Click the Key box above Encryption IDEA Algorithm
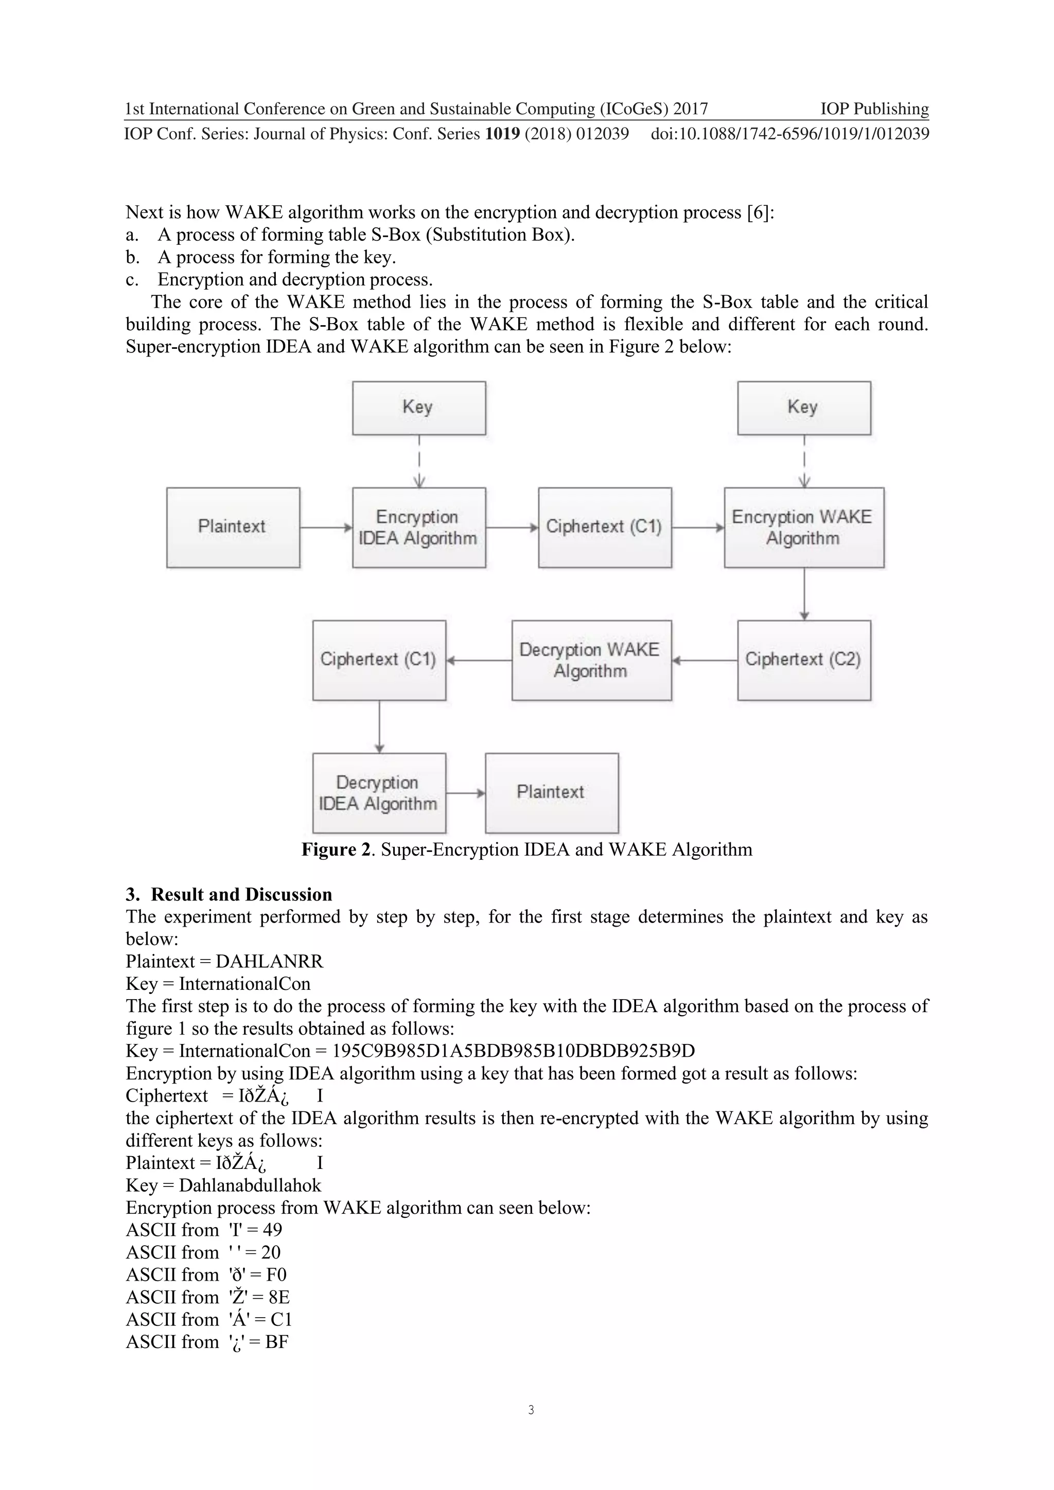coord(418,407)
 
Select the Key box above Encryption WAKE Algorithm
coord(803,407)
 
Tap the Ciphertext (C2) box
coord(803,660)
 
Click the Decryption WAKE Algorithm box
coord(591,660)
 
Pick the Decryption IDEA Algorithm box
coord(378,792)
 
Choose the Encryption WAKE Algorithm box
coord(803,527)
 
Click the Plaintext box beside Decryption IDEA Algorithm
coord(551,792)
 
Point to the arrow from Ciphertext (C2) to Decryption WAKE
coord(704,661)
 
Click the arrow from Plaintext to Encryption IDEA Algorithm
coord(326,527)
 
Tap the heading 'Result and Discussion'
coord(241,894)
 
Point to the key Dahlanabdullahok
coord(250,1185)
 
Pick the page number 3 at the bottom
coord(531,1410)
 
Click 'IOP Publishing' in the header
coord(874,109)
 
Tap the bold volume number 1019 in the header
coord(502,134)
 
